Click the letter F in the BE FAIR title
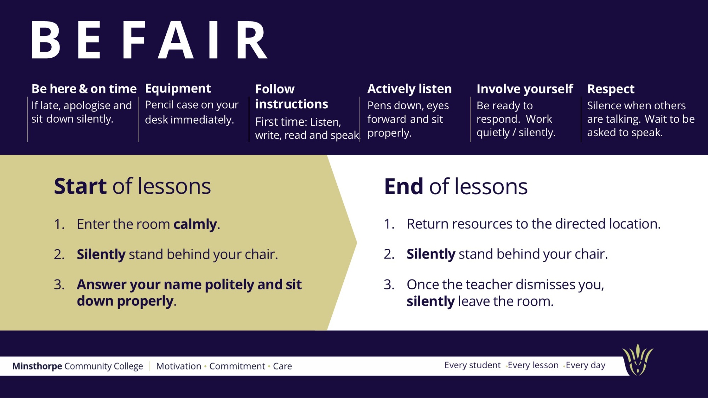[134, 40]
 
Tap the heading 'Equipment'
[178, 89]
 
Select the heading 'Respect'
[611, 89]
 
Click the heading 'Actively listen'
[410, 89]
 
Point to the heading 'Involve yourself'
[525, 89]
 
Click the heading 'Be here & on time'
[84, 89]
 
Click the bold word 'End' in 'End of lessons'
[404, 186]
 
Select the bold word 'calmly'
[195, 224]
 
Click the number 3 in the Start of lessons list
[59, 285]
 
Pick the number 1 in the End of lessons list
[389, 224]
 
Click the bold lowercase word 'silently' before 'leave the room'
[430, 301]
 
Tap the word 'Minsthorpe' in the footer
[37, 366]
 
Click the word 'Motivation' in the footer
[179, 366]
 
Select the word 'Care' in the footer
[282, 366]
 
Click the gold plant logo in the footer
[638, 359]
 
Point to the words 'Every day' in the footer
[586, 365]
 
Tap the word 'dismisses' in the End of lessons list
[545, 284]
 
